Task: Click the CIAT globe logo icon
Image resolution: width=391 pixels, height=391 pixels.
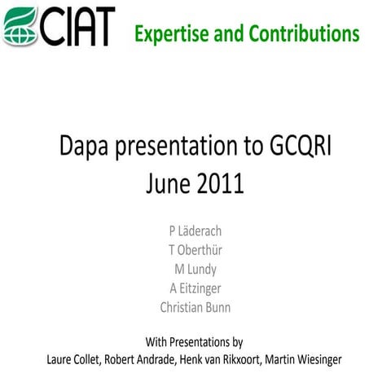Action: tap(20, 26)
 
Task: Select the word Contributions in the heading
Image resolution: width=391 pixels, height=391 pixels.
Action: tap(303, 33)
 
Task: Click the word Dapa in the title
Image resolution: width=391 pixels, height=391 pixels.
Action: tap(86, 149)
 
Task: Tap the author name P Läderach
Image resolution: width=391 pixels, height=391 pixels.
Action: tap(195, 231)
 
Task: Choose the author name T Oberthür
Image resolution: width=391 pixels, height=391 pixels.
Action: tap(195, 250)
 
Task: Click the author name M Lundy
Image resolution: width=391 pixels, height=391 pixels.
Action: tap(195, 269)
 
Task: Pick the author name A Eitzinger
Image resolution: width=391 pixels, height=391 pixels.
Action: tap(195, 288)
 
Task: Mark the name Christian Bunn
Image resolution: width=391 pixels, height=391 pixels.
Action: tap(195, 308)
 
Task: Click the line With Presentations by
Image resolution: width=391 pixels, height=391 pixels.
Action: tap(194, 341)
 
